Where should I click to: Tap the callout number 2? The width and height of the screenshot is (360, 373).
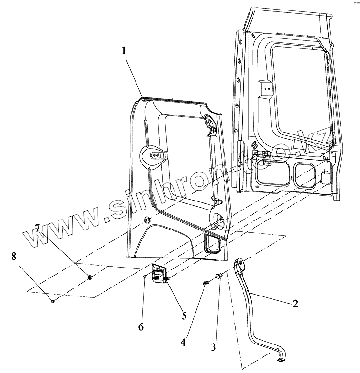[295, 303]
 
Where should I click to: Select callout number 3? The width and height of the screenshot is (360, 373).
[214, 347]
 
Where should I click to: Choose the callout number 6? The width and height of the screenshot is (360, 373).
[141, 326]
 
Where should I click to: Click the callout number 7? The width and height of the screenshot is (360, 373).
[38, 229]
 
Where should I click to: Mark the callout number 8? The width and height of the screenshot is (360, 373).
[14, 257]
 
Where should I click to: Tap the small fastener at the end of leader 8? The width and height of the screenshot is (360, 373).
[53, 300]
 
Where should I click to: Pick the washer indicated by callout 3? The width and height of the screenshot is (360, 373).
[219, 276]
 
